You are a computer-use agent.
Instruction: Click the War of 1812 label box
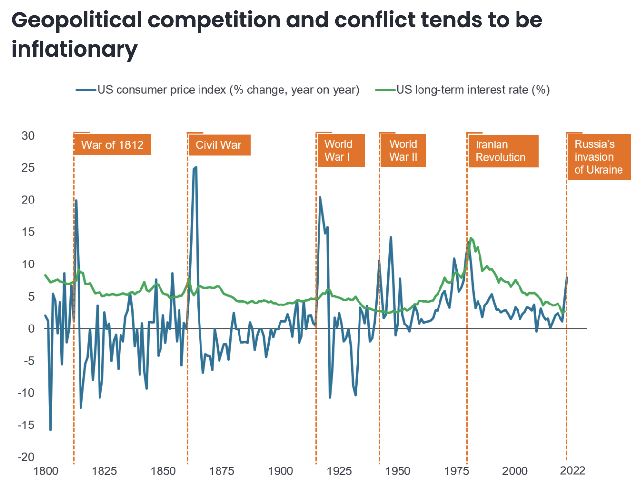[112, 145]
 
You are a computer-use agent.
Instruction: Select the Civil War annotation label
[219, 145]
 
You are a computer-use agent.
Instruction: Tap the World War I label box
[340, 150]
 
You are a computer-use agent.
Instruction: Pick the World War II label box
[402, 150]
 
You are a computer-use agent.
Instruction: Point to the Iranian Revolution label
[502, 151]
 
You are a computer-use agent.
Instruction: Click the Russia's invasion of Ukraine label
[599, 157]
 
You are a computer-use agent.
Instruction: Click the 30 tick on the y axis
[28, 136]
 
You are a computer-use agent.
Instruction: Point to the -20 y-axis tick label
[26, 457]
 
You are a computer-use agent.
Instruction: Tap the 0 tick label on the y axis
[31, 328]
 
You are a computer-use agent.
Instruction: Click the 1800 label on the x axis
[45, 471]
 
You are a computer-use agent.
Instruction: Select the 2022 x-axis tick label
[572, 470]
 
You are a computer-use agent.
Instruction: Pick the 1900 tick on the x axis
[280, 471]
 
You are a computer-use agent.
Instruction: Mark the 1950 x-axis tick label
[398, 471]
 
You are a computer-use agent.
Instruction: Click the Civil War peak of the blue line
[195, 168]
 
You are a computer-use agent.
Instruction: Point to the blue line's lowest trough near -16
[50, 430]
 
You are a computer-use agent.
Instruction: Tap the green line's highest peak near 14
[470, 238]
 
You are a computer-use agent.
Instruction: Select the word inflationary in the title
[74, 49]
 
